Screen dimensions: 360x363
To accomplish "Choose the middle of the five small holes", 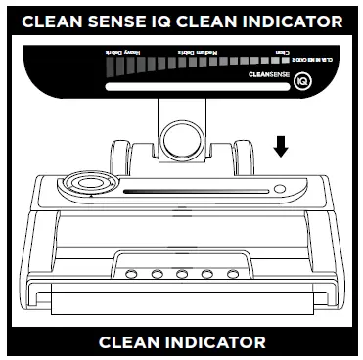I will pyautogui.click(x=182, y=273).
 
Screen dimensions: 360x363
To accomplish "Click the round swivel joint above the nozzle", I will pyautogui.click(x=181, y=136).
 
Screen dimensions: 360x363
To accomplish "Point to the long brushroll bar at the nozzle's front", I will pyautogui.click(x=182, y=312).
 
